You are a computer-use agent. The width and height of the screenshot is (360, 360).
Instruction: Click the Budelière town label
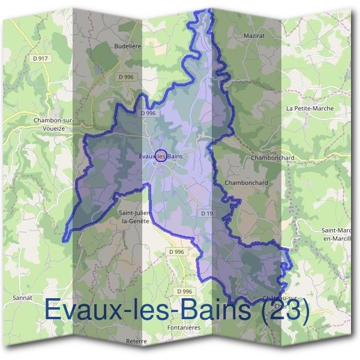pyautogui.click(x=127, y=45)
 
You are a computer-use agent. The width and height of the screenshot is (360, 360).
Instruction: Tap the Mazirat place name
pyautogui.click(x=255, y=36)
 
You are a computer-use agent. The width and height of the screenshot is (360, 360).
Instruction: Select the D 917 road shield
pyautogui.click(x=40, y=58)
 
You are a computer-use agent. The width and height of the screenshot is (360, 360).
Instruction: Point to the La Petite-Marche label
pyautogui.click(x=310, y=109)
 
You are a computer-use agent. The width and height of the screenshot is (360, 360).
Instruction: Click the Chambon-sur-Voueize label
pyautogui.click(x=53, y=124)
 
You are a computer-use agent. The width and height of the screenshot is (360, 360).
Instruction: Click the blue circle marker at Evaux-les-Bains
pyautogui.click(x=160, y=155)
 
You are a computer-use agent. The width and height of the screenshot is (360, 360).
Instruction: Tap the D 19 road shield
pyautogui.click(x=207, y=213)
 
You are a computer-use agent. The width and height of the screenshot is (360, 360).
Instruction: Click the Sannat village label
pyautogui.click(x=22, y=297)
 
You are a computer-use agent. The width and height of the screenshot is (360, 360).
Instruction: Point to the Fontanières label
pyautogui.click(x=184, y=328)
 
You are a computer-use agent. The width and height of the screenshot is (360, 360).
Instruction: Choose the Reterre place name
pyautogui.click(x=137, y=341)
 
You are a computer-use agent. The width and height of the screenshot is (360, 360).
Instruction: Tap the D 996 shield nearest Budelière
pyautogui.click(x=125, y=77)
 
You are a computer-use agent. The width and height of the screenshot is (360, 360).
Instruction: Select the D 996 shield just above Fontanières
pyautogui.click(x=185, y=291)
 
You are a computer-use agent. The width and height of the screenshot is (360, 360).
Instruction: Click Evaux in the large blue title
pyautogui.click(x=80, y=310)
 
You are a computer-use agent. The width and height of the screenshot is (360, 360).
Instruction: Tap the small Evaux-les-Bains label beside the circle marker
pyautogui.click(x=160, y=156)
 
